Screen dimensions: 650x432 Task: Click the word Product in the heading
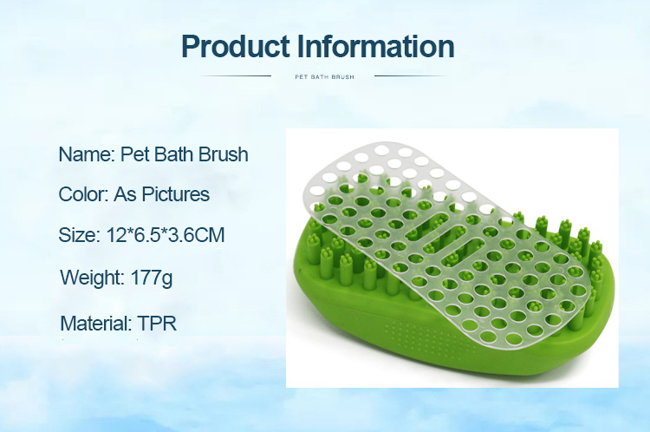click(x=236, y=46)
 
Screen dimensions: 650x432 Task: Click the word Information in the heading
click(x=375, y=46)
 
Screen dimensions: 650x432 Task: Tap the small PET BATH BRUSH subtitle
click(x=325, y=77)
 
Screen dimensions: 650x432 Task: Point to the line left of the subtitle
click(x=236, y=76)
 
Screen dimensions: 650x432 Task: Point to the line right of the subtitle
click(x=411, y=76)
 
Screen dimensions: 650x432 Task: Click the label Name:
click(x=87, y=154)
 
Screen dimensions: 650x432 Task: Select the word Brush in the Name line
click(x=223, y=154)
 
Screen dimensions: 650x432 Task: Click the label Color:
click(x=83, y=194)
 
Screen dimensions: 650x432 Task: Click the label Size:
click(x=80, y=235)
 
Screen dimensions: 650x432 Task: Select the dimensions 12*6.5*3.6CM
click(x=166, y=235)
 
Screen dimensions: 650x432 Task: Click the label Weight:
click(x=93, y=278)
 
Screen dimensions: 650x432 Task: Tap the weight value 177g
click(x=152, y=278)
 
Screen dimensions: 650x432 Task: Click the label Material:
click(x=95, y=324)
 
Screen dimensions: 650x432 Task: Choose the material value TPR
click(x=157, y=324)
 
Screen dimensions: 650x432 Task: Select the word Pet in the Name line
click(x=135, y=154)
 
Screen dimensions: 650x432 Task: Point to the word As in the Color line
click(x=125, y=194)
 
